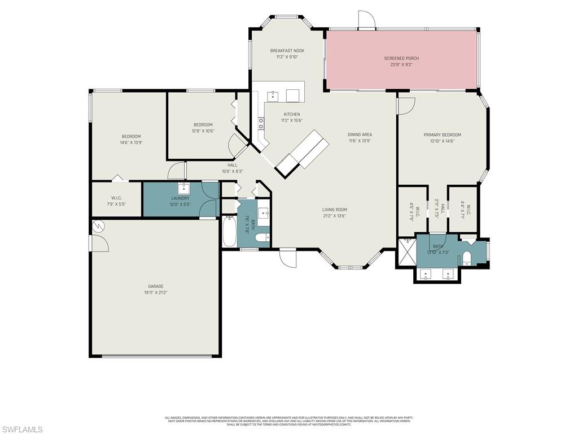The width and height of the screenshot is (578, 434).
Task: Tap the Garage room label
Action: (155, 287)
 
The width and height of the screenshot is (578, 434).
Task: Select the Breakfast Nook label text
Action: (287, 51)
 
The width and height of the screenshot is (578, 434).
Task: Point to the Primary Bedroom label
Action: (442, 134)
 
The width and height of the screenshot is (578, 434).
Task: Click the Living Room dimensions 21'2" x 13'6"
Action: (334, 216)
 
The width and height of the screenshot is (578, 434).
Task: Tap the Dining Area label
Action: (360, 134)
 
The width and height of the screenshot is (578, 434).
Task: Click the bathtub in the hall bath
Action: (229, 232)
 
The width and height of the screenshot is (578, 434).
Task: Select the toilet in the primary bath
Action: (467, 259)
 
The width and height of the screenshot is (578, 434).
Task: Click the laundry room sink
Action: (184, 188)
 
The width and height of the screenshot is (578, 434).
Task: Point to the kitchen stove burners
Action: (261, 123)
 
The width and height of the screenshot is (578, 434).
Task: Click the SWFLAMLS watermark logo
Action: (21, 429)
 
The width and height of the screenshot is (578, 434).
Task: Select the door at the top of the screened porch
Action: (366, 20)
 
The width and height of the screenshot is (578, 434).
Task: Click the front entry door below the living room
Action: (287, 259)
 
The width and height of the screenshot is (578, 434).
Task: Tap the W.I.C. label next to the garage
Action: (116, 198)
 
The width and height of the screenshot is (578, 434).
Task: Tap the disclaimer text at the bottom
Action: (288, 421)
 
